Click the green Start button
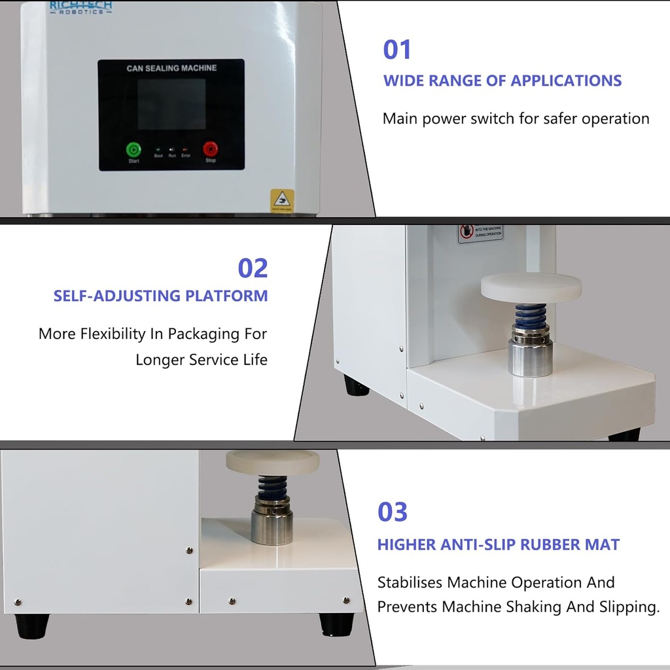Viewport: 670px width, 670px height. [133, 149]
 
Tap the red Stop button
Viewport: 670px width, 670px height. [210, 149]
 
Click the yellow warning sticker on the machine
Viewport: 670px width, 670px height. [282, 200]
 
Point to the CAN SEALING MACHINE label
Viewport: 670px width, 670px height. [171, 68]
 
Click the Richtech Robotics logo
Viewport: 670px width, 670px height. [80, 7]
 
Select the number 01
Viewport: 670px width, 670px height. [397, 50]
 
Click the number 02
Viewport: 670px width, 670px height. [253, 268]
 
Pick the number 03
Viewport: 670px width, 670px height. [393, 512]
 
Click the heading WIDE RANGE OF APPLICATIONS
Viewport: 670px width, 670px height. [502, 81]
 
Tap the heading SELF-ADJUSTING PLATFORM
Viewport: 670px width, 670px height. [161, 296]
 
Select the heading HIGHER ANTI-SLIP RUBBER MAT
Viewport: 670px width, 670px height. [498, 544]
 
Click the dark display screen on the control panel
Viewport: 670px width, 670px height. [171, 105]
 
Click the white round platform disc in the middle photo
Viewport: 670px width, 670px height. [531, 287]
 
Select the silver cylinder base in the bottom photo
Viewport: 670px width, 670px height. [272, 526]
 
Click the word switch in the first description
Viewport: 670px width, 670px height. [514, 118]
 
